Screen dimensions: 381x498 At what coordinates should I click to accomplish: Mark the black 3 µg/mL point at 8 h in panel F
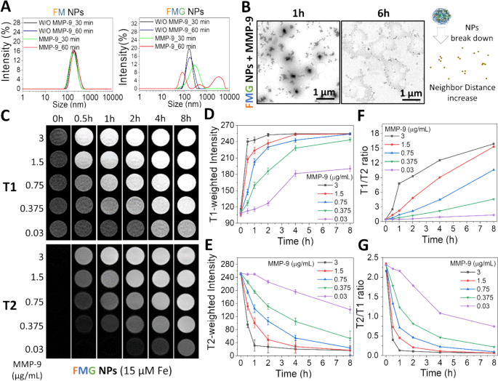(x=494, y=144)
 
